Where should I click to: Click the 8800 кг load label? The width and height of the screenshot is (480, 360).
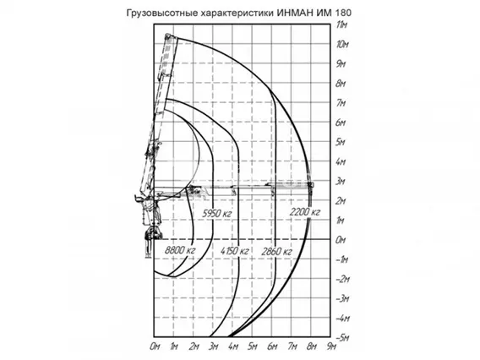[x=180, y=250]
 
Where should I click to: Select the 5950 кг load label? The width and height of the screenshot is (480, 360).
[x=216, y=213]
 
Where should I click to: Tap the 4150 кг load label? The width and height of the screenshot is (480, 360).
[x=234, y=251]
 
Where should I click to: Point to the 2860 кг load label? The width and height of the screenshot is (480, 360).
[x=276, y=252]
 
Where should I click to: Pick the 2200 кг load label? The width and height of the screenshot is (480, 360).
[x=304, y=211]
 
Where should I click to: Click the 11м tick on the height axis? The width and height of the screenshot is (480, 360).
[x=341, y=25]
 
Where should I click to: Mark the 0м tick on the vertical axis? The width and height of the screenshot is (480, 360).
[x=341, y=240]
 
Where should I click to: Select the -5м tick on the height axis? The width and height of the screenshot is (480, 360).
[x=342, y=337]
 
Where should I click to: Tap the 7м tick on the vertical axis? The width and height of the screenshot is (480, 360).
[x=341, y=103]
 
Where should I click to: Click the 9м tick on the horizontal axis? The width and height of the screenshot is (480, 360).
[x=331, y=346]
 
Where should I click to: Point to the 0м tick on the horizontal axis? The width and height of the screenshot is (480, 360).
[x=155, y=346]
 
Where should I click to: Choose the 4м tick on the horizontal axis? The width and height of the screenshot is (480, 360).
[x=233, y=346]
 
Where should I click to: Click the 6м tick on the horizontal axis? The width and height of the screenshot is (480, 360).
[x=272, y=346]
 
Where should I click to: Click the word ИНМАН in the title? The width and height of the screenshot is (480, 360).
[x=295, y=13]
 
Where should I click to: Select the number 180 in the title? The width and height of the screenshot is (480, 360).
[x=343, y=13]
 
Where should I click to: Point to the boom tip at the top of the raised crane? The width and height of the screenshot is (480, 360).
[x=167, y=35]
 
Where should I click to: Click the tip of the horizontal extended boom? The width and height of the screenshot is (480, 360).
[x=311, y=184]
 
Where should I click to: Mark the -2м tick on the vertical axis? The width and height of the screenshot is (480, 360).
[x=342, y=279]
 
